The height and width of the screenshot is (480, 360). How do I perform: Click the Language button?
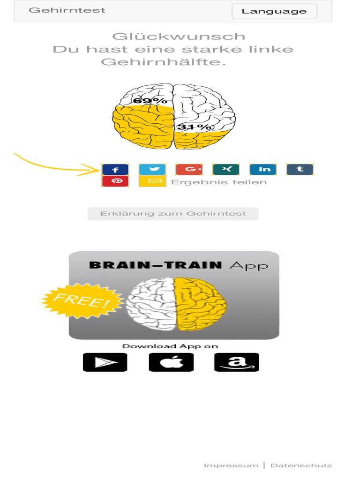point(274,11)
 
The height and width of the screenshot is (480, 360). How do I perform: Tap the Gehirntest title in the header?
point(67,10)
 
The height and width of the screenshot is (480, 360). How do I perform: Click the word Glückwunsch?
point(179,37)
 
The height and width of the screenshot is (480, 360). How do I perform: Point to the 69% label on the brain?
point(150,100)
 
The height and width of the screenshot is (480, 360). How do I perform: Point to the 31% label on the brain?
point(194,127)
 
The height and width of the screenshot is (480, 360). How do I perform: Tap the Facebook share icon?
point(115,169)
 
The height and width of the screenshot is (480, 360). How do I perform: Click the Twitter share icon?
point(152,169)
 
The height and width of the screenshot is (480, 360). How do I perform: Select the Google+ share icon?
point(189,169)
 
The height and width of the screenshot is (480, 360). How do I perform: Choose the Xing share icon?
point(226,169)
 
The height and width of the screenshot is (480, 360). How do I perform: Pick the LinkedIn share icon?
point(263,169)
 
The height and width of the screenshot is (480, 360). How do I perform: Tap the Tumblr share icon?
point(300,169)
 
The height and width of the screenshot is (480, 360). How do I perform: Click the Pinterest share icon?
point(115,181)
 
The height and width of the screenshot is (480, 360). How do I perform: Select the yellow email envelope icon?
point(152,181)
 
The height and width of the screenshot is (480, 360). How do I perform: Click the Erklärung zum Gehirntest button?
point(173,214)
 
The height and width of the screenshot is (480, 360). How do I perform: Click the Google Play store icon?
point(105,362)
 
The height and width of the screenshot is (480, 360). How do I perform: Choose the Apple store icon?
point(171,362)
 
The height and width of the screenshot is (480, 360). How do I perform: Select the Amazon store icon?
point(237,362)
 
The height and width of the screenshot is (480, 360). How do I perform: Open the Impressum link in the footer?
point(231,465)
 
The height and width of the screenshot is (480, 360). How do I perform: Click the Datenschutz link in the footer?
point(301,465)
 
